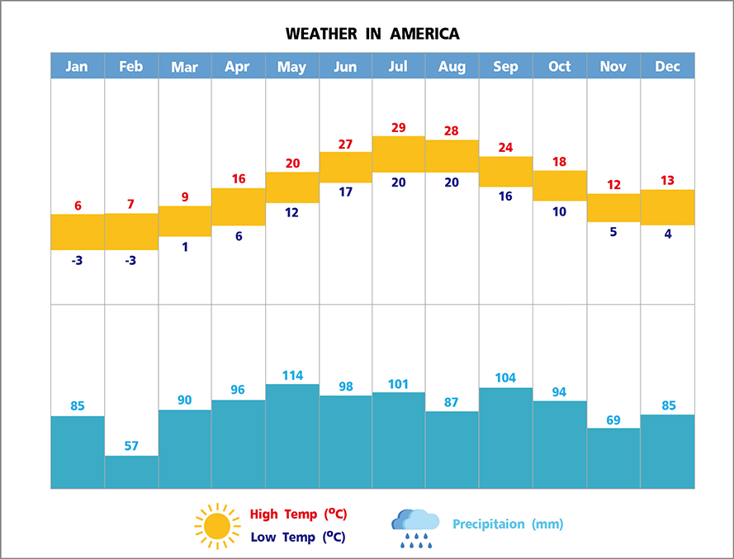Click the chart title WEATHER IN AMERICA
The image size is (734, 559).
click(x=372, y=34)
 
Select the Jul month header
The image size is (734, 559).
click(x=399, y=66)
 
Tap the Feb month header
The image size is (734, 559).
click(x=131, y=66)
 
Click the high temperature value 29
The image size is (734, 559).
click(x=399, y=127)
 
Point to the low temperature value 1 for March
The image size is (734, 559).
click(x=185, y=246)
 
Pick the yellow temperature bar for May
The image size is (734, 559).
click(x=292, y=187)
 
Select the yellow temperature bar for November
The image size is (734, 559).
click(x=613, y=207)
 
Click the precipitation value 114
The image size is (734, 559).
click(x=292, y=375)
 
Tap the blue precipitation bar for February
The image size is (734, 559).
click(x=131, y=471)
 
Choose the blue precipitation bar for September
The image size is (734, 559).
click(x=505, y=438)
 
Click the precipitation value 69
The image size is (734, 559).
click(x=613, y=420)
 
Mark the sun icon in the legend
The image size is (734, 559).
click(x=217, y=526)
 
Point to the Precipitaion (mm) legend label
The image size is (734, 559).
click(x=508, y=523)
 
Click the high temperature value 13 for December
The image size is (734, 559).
click(x=667, y=181)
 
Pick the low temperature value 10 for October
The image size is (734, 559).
click(x=560, y=211)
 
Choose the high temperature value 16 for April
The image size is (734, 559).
click(x=239, y=178)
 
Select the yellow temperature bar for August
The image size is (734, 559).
click(x=452, y=156)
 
